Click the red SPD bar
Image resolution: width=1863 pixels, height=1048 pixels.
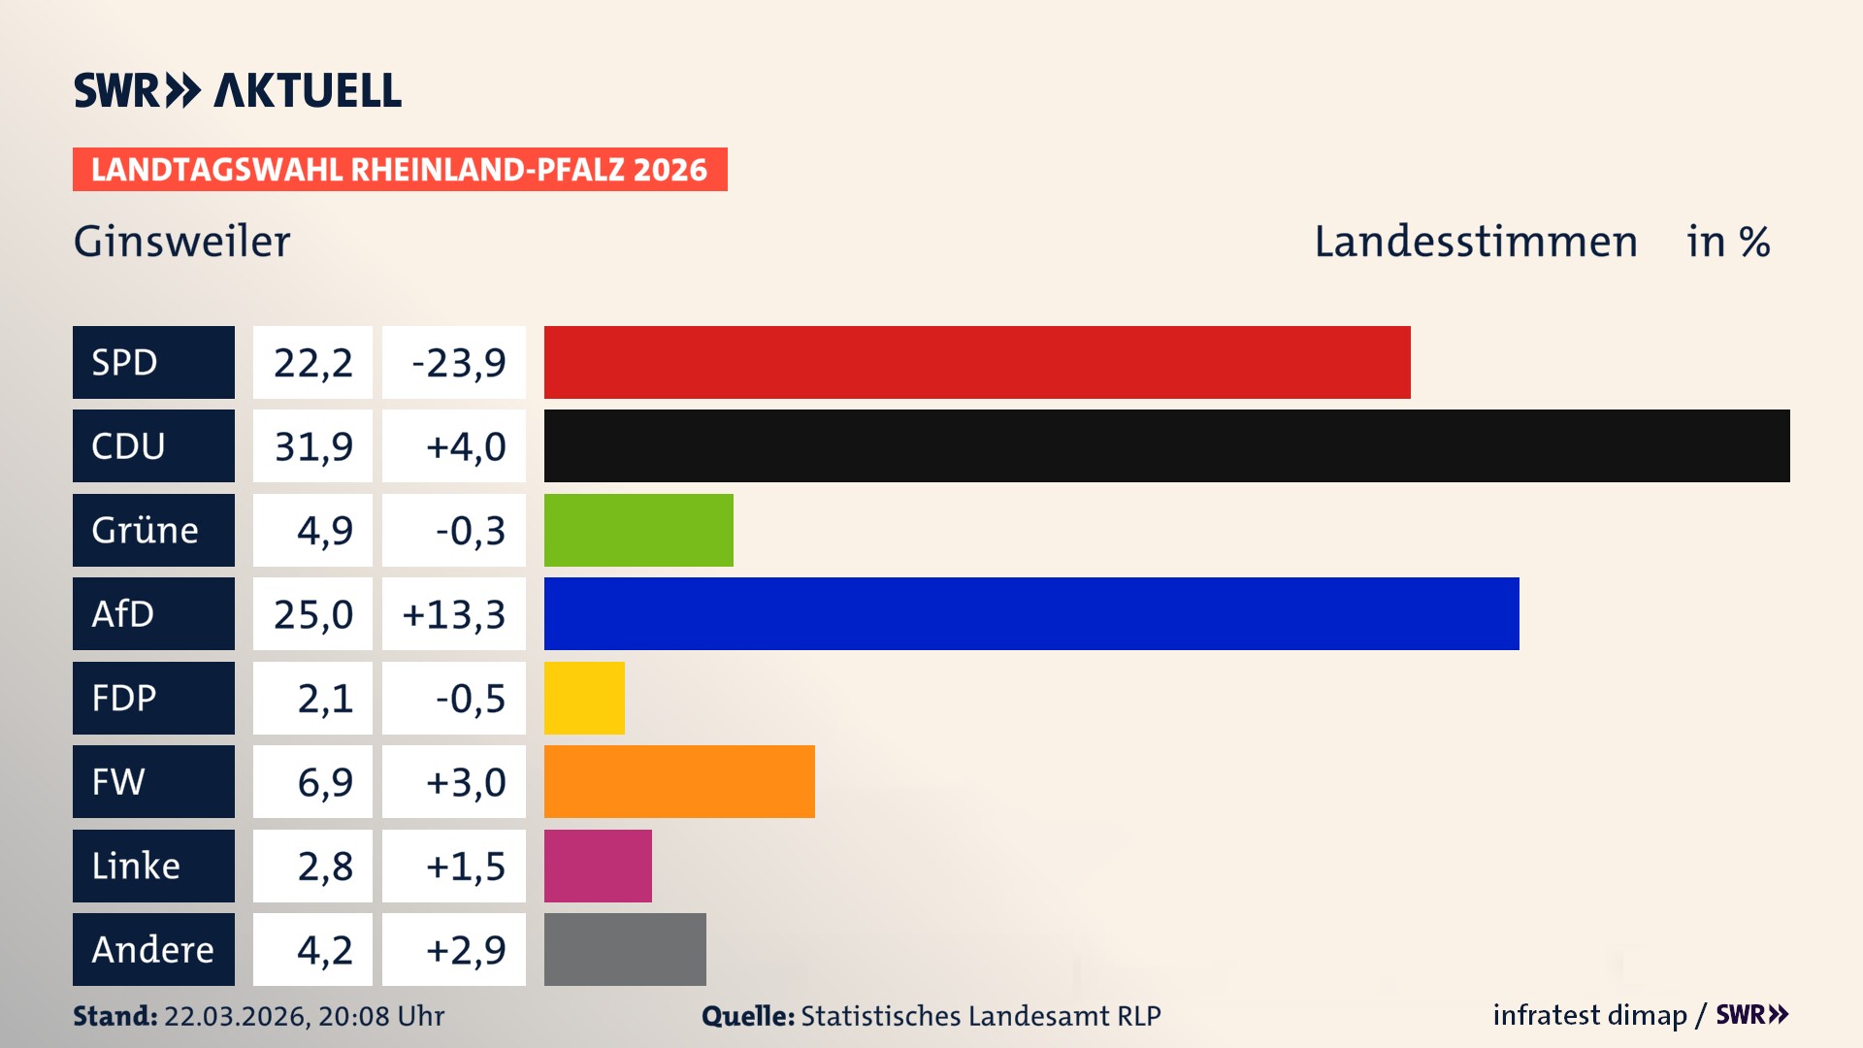[x=977, y=362]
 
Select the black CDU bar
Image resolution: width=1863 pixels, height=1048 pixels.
[x=1166, y=446]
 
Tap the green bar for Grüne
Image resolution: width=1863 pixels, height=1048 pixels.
[x=638, y=530]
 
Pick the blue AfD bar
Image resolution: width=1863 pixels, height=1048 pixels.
[x=1031, y=613]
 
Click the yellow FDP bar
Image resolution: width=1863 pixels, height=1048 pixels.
[x=584, y=698]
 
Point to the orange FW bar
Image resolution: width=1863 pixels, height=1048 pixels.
[x=679, y=781]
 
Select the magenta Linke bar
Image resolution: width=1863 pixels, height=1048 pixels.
[x=598, y=866]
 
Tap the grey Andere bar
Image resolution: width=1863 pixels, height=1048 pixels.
[x=625, y=949]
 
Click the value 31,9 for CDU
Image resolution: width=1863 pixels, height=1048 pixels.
[x=312, y=446]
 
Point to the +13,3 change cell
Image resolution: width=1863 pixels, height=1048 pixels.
[x=454, y=613]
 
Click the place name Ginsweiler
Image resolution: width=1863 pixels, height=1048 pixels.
[x=181, y=242]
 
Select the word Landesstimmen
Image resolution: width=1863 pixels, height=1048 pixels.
[x=1475, y=242]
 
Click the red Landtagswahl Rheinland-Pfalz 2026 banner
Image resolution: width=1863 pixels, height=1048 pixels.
[x=400, y=170]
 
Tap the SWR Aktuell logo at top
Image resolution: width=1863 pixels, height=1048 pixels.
[x=237, y=90]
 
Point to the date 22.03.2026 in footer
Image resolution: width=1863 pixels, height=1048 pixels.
[x=236, y=1016]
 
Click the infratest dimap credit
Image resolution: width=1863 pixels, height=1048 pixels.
[x=1589, y=1015]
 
